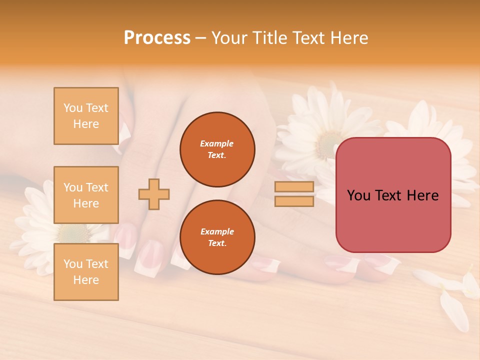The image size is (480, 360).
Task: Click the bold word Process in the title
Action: [157, 38]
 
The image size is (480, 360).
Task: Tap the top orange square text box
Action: [86, 116]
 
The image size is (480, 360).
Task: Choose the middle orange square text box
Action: [86, 195]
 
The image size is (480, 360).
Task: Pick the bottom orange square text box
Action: [86, 272]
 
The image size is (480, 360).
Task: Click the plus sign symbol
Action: [154, 194]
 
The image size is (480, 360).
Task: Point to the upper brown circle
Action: [217, 149]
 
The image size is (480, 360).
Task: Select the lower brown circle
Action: [217, 237]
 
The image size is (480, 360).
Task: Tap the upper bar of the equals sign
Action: [294, 187]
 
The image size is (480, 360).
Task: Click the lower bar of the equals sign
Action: [294, 201]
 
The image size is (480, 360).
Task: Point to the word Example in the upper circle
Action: [217, 144]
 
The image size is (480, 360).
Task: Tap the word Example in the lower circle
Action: [217, 232]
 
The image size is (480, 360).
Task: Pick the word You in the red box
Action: [358, 195]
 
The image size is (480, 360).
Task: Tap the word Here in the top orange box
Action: [86, 124]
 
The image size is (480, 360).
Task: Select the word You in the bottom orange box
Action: [73, 264]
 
